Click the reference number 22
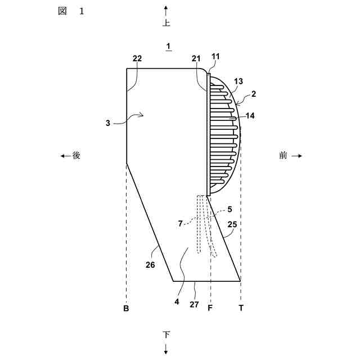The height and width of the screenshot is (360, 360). tap(137, 58)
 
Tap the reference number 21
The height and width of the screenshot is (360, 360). tap(196, 58)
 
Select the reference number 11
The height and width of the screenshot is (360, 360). tap(215, 56)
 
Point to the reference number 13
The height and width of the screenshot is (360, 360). tap(238, 81)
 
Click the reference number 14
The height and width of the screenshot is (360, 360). tap(250, 115)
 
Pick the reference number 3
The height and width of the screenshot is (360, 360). tap(108, 123)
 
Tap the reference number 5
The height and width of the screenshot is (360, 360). tap(229, 209)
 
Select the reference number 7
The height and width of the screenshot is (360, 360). tap(181, 223)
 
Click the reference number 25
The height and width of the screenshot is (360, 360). tap(232, 224)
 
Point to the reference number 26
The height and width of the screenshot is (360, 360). tap(150, 265)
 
